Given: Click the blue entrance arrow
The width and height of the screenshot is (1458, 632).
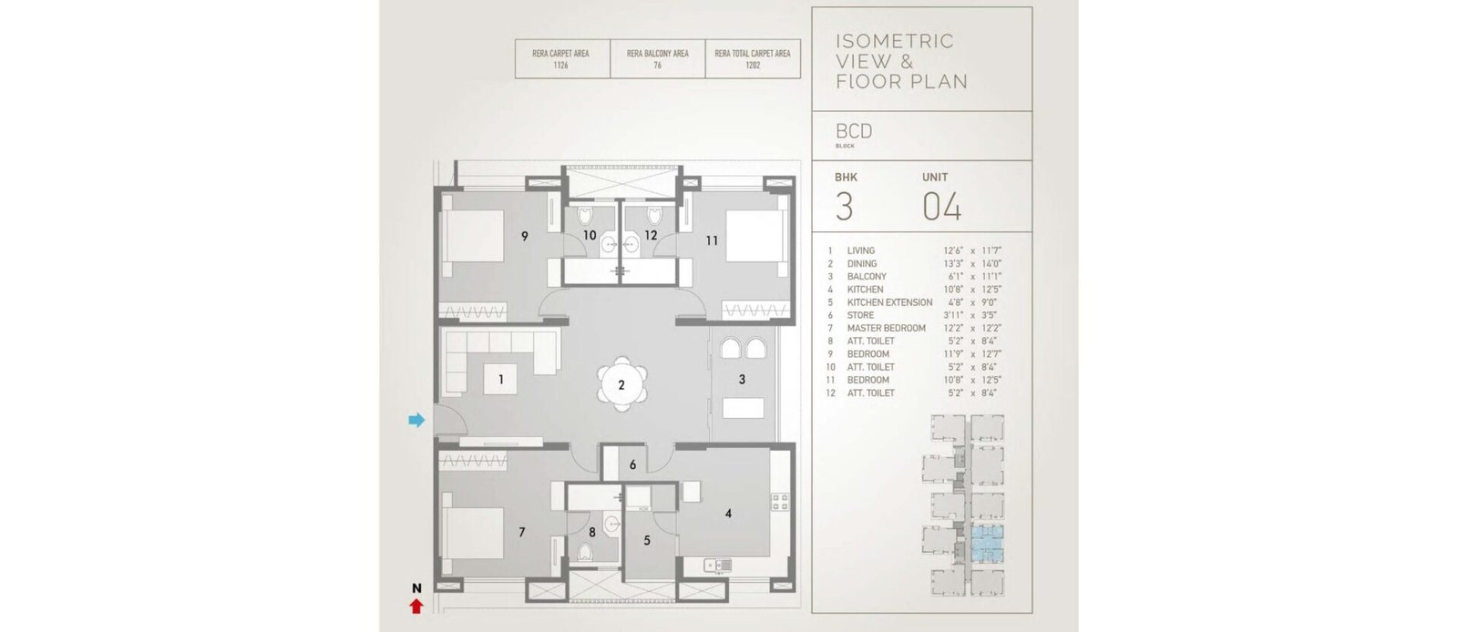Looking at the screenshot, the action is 416,420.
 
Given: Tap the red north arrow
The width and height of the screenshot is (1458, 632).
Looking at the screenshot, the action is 416,607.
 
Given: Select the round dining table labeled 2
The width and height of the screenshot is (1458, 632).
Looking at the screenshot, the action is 621,385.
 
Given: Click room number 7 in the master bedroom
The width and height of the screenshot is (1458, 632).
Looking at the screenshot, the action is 522,533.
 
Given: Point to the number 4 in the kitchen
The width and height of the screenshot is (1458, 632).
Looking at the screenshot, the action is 728,514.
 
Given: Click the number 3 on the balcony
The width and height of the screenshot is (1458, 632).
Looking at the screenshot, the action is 742,380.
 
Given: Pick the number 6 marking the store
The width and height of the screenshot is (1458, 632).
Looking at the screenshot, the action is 632,465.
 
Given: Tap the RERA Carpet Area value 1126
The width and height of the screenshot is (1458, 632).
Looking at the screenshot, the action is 560,66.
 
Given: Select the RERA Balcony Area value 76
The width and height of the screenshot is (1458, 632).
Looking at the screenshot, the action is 657,66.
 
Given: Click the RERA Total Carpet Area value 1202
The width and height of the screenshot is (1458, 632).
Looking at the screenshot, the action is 753,66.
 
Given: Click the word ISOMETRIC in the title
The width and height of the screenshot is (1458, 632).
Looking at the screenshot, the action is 895,41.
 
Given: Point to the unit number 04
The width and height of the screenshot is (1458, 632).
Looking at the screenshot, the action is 942,207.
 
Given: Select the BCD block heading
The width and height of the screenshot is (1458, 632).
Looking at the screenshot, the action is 853,131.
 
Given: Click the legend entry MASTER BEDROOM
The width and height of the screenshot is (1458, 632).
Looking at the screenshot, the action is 886,329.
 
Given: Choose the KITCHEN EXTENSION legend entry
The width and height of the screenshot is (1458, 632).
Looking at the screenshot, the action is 889,302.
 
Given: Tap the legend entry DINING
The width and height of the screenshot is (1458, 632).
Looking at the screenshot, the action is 862,263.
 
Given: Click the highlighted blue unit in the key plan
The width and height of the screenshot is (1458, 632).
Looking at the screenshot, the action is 987,545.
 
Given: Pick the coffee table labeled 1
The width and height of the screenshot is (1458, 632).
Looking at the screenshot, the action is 500,379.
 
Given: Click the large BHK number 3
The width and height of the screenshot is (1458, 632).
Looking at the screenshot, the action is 844,207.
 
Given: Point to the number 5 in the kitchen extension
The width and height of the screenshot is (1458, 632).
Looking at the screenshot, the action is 647,540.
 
